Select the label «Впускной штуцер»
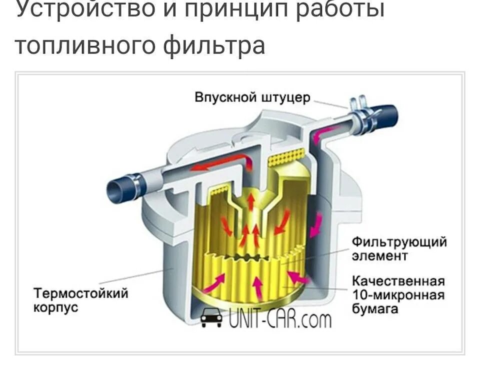pos(252,97)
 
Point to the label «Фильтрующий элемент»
pos(399,249)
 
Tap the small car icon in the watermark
pos(211,317)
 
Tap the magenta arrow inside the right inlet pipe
pos(324,132)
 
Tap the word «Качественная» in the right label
pos(398,280)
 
